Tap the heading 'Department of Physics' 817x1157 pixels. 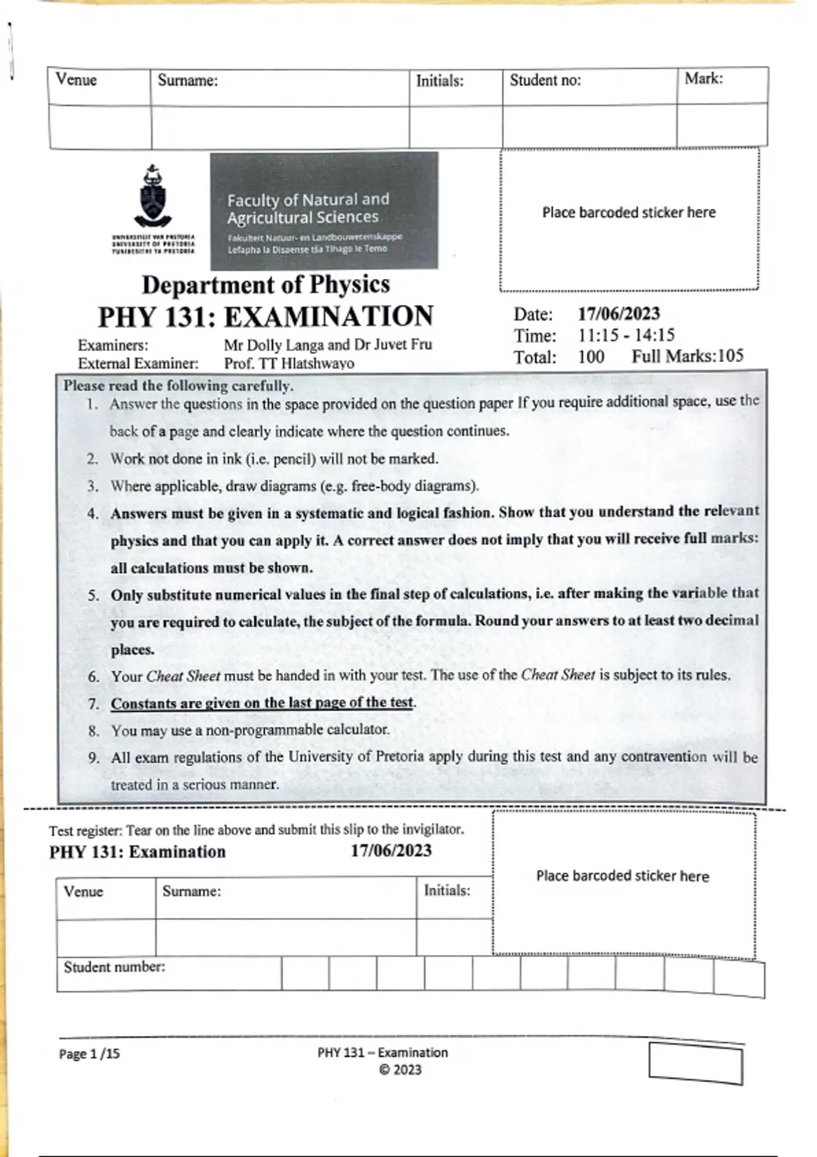[x=266, y=284]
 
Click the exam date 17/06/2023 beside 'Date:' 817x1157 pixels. [x=619, y=314]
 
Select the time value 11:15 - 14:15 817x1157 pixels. [x=626, y=335]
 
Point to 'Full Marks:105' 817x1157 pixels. [x=687, y=356]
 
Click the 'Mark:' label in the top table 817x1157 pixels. [x=703, y=79]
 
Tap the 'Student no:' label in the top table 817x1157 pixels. [x=545, y=80]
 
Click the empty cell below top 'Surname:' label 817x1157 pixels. [x=280, y=127]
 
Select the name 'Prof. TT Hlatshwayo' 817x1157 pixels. [x=289, y=363]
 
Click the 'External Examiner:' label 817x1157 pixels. [x=138, y=363]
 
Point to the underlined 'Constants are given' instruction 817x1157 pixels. [x=262, y=703]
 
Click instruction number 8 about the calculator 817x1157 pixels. [x=250, y=730]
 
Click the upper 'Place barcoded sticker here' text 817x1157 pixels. [x=628, y=212]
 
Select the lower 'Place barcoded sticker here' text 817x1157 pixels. [x=622, y=876]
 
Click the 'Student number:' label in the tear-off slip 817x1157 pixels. [x=114, y=967]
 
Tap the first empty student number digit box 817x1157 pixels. [x=305, y=973]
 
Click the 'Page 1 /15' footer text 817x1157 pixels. [x=89, y=1054]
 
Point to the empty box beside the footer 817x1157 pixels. [x=695, y=1063]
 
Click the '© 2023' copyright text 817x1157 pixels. [x=400, y=1070]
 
